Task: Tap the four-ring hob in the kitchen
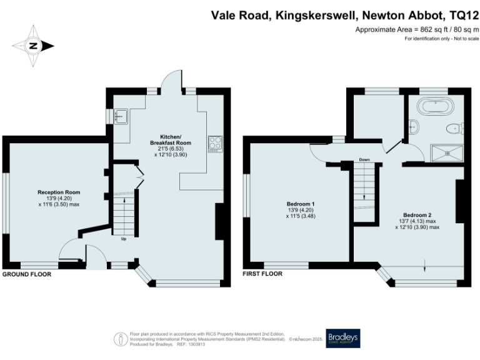216,143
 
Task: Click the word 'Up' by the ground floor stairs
122,238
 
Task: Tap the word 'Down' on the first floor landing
364,160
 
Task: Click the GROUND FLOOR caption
26,274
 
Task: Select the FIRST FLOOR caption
262,274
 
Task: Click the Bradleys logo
343,337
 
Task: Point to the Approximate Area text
416,30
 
